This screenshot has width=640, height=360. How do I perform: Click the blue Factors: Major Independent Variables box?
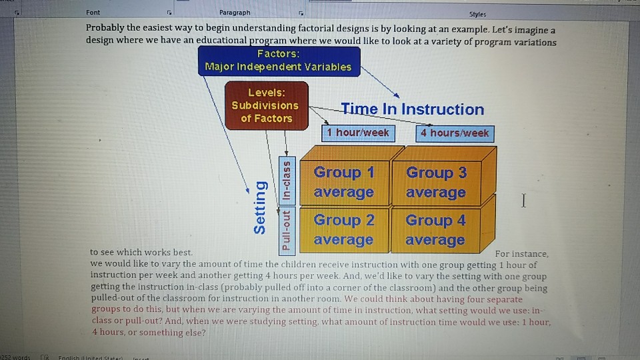(x=278, y=60)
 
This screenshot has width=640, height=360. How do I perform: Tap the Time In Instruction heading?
(x=412, y=109)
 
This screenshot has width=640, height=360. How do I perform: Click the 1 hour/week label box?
(x=357, y=133)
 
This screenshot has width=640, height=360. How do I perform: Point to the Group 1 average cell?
(x=343, y=182)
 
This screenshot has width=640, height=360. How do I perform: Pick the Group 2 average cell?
(x=343, y=229)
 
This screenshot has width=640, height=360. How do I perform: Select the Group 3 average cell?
(x=436, y=182)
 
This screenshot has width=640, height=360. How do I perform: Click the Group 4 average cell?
(x=435, y=229)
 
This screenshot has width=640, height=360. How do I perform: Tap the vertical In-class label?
(x=286, y=181)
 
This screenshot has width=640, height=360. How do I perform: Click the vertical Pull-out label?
(x=286, y=230)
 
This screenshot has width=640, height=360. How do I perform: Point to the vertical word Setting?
(x=260, y=207)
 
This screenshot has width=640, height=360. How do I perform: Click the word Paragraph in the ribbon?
(x=234, y=13)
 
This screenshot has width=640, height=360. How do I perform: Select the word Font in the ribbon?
(x=93, y=13)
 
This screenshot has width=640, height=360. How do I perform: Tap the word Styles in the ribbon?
(x=477, y=13)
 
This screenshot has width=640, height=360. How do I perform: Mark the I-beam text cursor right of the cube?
(x=524, y=201)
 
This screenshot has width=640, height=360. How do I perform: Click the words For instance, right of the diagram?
(x=522, y=254)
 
